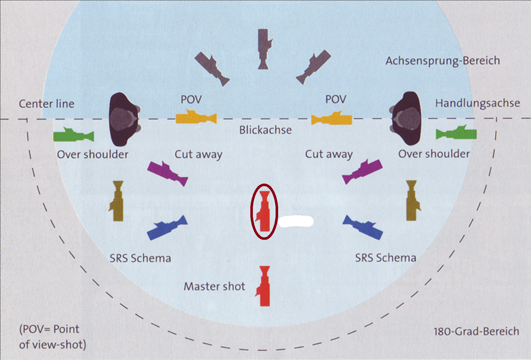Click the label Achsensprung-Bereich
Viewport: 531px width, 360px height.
[x=443, y=61]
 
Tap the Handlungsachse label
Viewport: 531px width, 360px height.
[x=477, y=103]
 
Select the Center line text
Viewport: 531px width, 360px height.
[x=46, y=104]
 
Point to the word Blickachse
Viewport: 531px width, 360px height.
[x=265, y=130]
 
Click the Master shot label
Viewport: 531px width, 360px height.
[x=214, y=286]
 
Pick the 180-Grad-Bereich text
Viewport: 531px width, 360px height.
[x=476, y=332]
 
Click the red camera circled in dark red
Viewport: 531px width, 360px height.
[x=264, y=211]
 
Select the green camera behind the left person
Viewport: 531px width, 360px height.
[x=74, y=135]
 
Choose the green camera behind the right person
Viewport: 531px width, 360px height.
[x=456, y=133]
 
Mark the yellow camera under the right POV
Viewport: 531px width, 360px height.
[x=332, y=119]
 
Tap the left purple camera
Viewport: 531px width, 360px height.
[x=167, y=173]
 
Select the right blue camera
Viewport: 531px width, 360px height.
[x=363, y=227]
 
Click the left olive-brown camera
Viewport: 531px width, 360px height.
[x=117, y=201]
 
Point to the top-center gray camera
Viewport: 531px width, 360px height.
[x=264, y=49]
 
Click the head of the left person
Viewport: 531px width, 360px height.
[x=124, y=119]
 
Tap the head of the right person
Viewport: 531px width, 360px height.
[x=407, y=118]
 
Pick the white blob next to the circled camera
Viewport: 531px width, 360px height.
[x=296, y=221]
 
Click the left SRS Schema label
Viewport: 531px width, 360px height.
[x=140, y=258]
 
